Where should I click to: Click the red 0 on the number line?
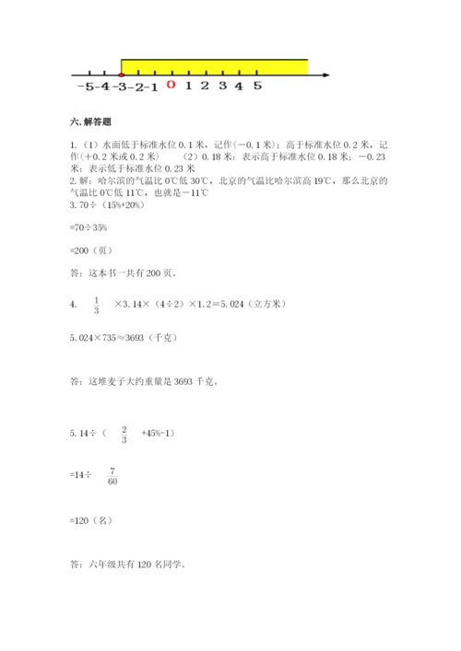[170, 87]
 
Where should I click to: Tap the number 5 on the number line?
[257, 87]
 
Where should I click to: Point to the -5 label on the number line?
[86, 87]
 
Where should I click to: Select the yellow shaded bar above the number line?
[215, 65]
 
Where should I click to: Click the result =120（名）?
[91, 520]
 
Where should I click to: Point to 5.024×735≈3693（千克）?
[128, 337]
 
